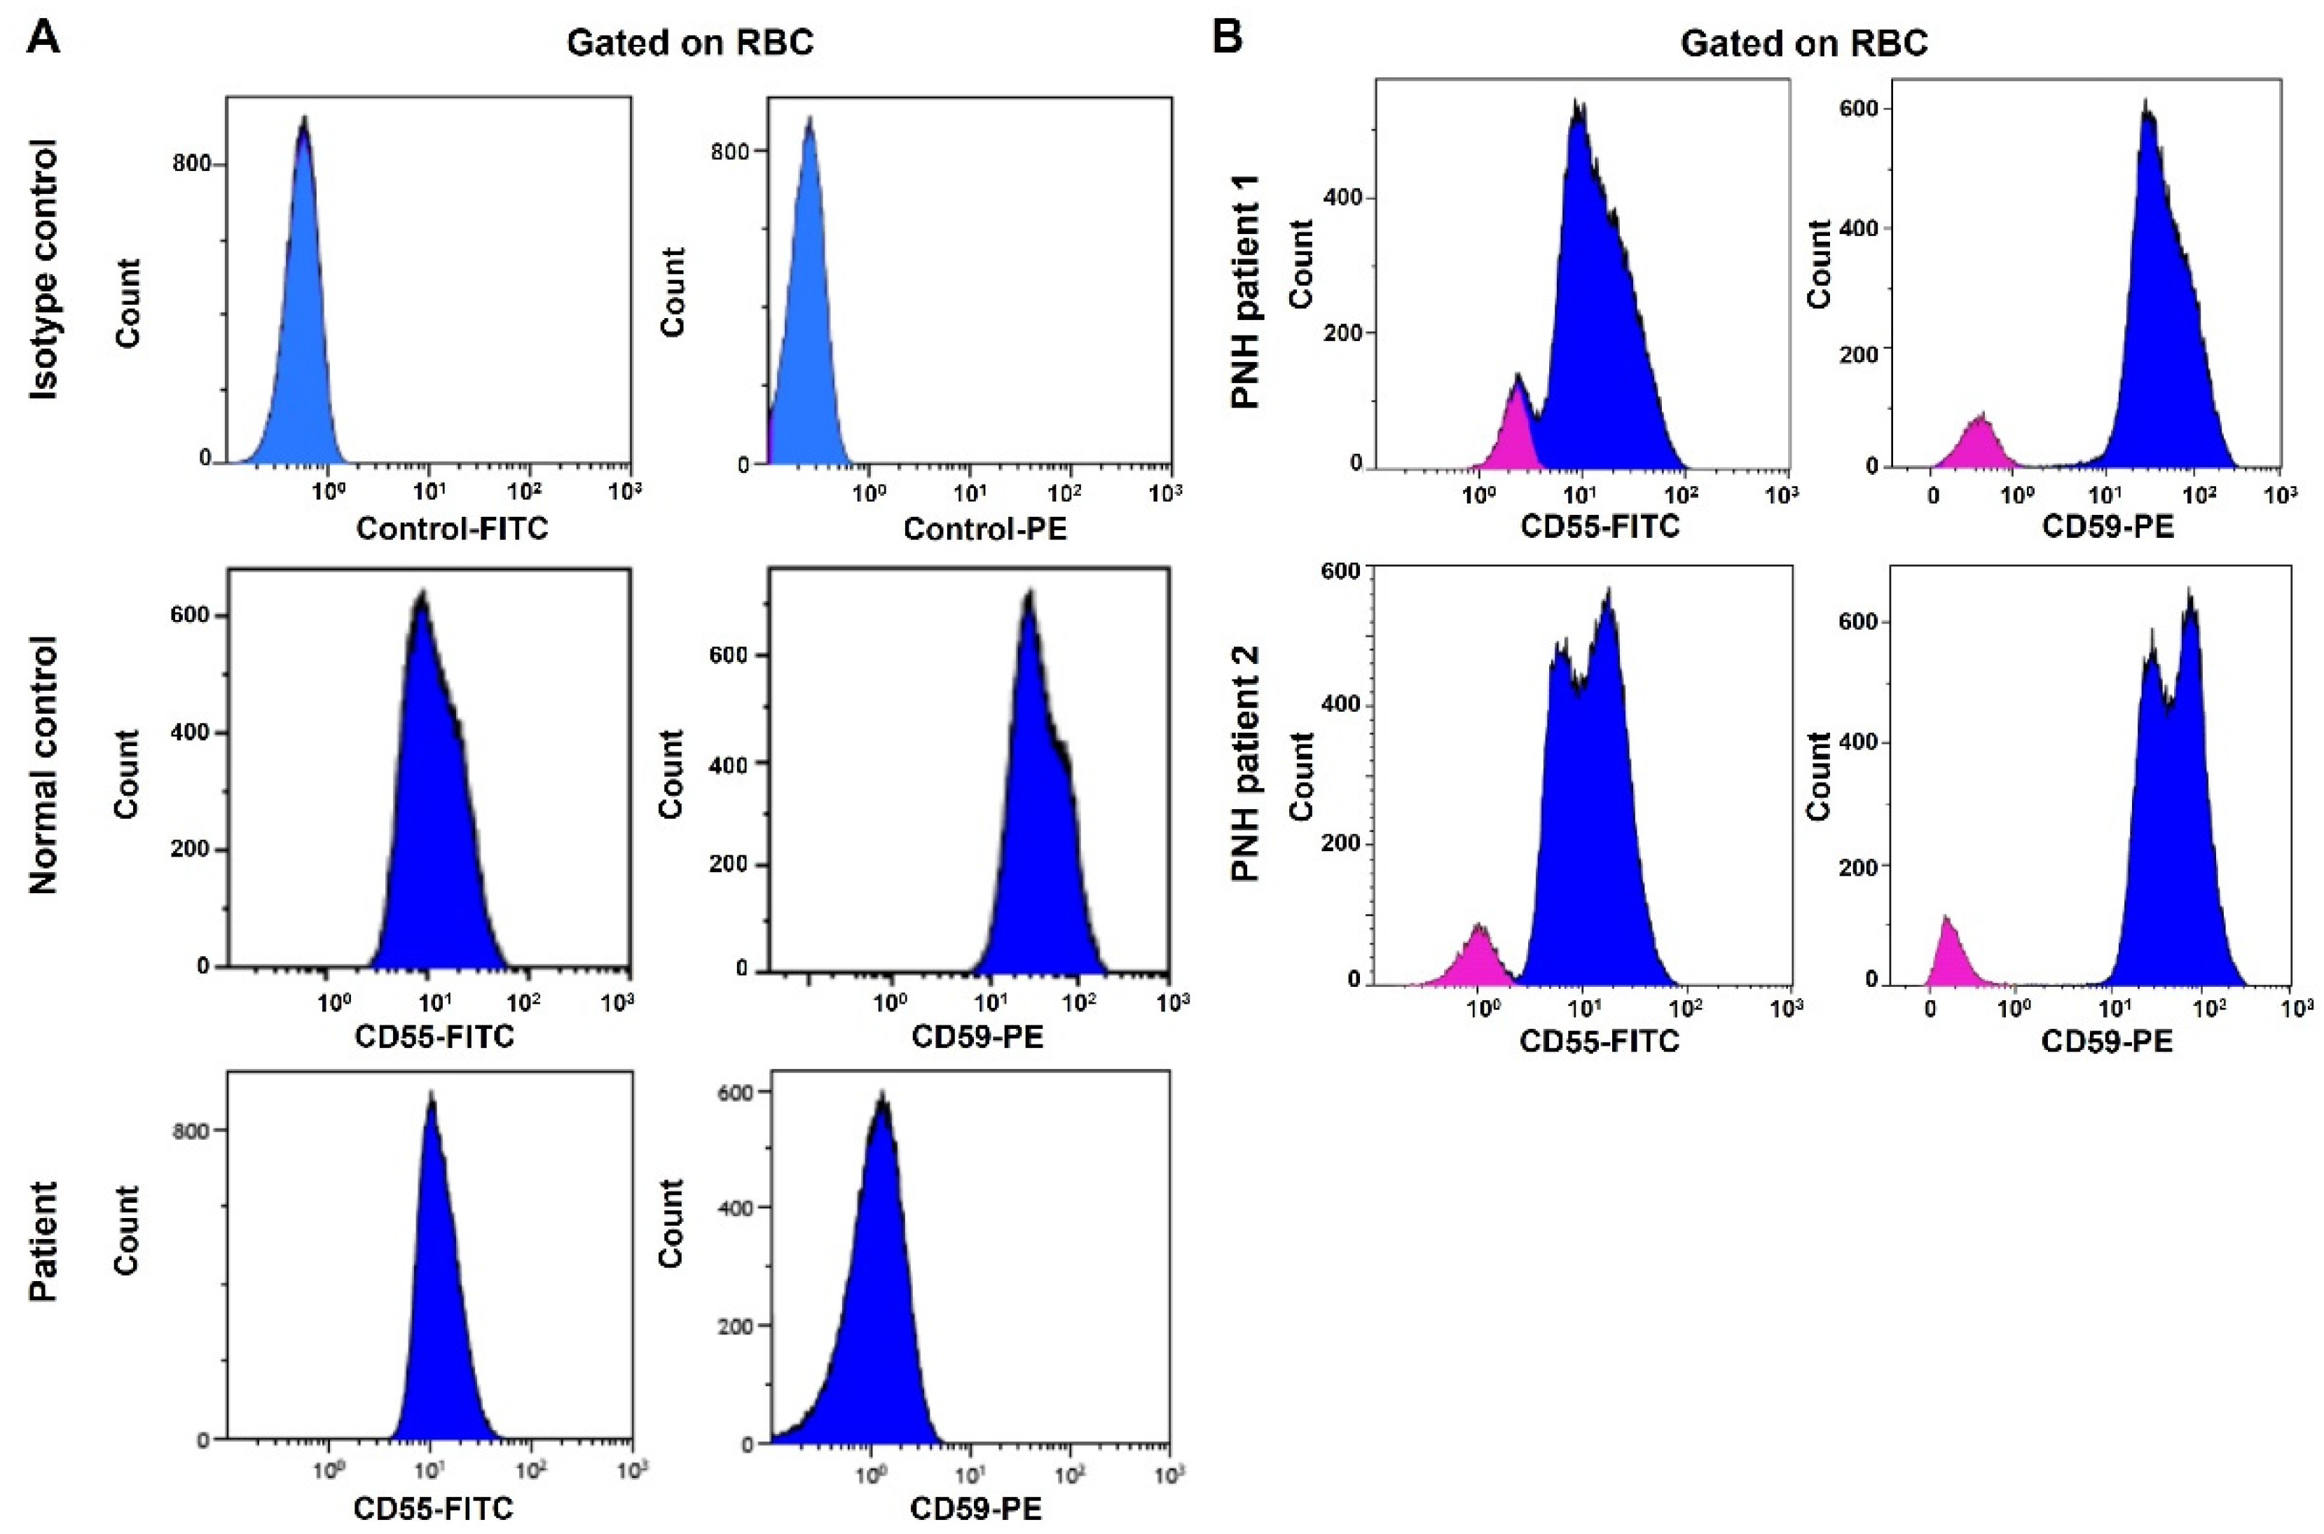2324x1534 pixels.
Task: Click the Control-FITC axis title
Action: tap(452, 530)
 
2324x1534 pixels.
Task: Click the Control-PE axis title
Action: tap(984, 530)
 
